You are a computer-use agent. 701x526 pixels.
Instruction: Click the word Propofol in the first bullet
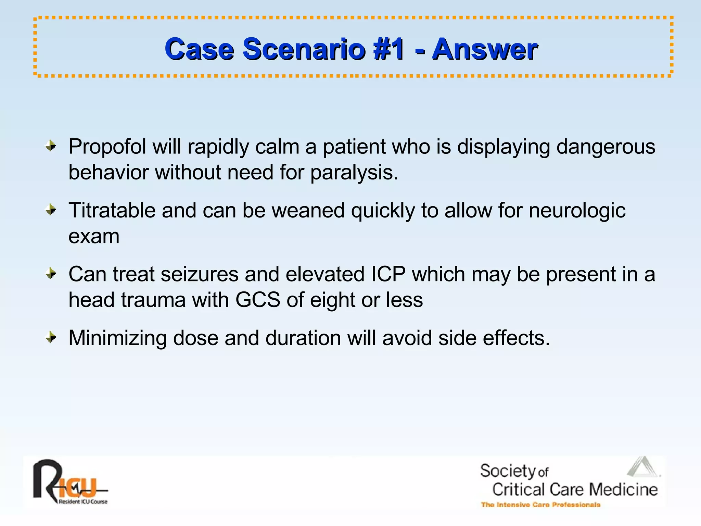(107, 147)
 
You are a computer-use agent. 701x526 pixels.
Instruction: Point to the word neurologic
(577, 211)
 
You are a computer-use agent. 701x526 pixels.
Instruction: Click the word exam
(94, 236)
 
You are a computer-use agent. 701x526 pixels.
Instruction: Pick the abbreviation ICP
(388, 274)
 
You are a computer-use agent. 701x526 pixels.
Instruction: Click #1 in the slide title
(389, 49)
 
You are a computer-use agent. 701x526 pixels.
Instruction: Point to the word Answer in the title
(484, 49)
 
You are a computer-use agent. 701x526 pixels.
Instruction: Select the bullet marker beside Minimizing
(51, 338)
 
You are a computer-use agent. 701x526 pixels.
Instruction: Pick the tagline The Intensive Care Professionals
(540, 505)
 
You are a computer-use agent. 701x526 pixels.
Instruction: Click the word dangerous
(606, 147)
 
